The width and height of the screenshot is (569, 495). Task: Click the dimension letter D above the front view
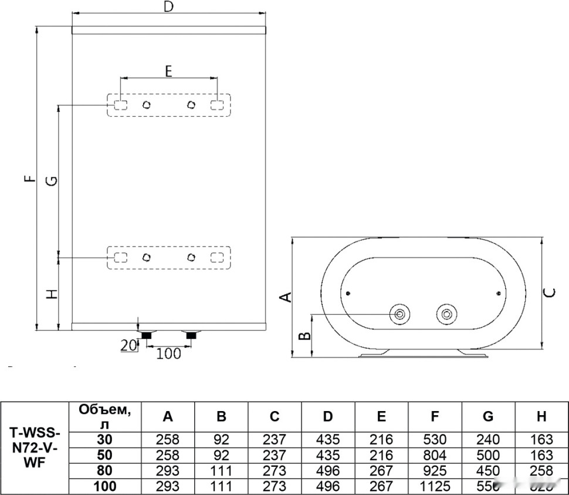[x=168, y=7]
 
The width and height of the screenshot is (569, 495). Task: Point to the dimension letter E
[x=168, y=72]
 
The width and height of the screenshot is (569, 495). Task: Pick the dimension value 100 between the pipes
[x=168, y=353]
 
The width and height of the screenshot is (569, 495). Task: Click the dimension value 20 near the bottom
[x=128, y=346]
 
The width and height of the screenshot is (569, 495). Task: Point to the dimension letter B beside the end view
[x=304, y=336]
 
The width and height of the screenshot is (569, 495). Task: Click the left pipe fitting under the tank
[x=145, y=335]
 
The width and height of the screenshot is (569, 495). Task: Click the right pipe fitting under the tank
[x=191, y=335]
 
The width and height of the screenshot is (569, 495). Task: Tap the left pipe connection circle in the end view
[x=400, y=314]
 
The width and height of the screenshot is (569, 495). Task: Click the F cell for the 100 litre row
[x=435, y=486]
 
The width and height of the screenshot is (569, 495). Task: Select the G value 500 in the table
[x=488, y=455]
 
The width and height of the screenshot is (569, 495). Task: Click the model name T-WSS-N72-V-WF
[x=35, y=447]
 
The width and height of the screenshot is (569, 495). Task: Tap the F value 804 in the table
[x=435, y=455]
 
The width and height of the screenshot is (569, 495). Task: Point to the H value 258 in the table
[x=541, y=470]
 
